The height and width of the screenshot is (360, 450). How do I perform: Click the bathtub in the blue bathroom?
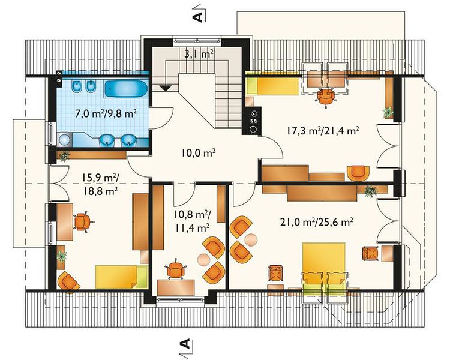click(x=126, y=89)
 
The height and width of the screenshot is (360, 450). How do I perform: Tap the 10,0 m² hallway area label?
click(x=199, y=153)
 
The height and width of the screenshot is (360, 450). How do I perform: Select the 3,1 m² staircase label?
click(x=199, y=53)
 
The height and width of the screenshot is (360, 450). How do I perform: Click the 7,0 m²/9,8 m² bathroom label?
click(x=106, y=114)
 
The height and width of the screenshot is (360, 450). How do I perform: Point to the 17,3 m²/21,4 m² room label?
click(x=322, y=131)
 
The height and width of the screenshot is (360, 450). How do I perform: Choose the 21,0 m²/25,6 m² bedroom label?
click(x=316, y=222)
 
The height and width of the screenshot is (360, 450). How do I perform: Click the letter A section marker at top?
click(x=199, y=17)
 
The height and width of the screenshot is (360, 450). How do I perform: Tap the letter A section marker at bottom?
click(x=185, y=344)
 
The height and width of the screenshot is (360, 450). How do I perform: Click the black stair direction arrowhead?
click(x=165, y=88)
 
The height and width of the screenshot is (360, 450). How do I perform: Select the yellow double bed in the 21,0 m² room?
click(x=324, y=261)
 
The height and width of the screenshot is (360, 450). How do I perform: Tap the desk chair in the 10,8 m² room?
click(x=175, y=269)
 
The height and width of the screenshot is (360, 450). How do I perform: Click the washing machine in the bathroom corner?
click(x=64, y=140)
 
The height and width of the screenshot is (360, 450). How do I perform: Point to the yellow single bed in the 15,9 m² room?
click(x=121, y=277)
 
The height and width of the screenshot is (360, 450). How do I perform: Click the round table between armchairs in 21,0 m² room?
click(x=251, y=239)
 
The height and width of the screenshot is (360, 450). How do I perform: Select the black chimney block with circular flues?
click(x=251, y=120)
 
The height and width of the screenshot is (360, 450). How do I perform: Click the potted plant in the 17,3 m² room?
click(x=388, y=112)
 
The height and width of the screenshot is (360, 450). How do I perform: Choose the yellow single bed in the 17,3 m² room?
click(x=272, y=86)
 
